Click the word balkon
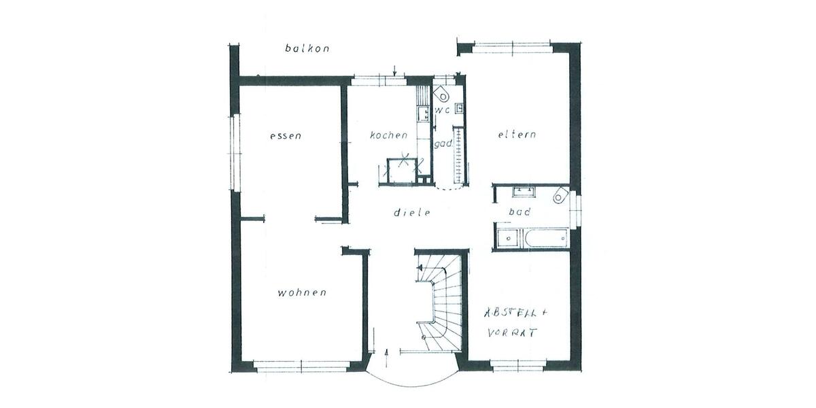307,48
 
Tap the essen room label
286,135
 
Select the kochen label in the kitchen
389,135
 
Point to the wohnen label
302,293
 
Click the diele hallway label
413,212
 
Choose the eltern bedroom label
517,135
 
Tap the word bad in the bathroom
520,212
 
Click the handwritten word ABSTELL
515,313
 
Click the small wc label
443,110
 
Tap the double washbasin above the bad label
524,190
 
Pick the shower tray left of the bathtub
507,239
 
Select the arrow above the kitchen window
395,70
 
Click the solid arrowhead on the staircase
420,268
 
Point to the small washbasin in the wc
460,107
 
